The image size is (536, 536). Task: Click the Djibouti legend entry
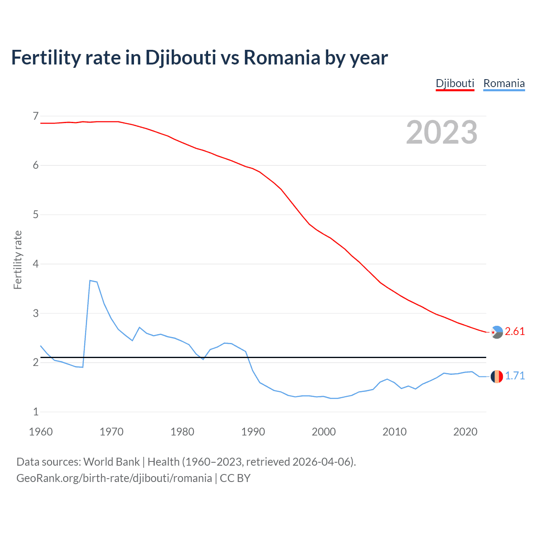click(x=455, y=83)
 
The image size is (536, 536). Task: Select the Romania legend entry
click(x=504, y=83)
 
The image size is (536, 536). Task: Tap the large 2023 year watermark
click(x=441, y=132)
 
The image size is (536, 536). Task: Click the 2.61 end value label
click(x=515, y=331)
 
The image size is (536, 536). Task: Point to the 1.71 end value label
click(x=515, y=376)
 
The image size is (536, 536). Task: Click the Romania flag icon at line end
click(x=497, y=376)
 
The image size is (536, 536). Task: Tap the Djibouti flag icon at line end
click(x=497, y=332)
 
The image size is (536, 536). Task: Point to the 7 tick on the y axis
click(x=36, y=116)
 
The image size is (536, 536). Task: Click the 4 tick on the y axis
click(x=36, y=264)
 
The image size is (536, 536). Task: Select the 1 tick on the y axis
click(x=36, y=412)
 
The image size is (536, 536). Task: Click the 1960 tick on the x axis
click(x=41, y=432)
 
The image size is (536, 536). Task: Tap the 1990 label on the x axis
click(x=253, y=432)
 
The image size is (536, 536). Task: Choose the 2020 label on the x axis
click(x=465, y=432)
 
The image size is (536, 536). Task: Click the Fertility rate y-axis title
click(x=18, y=260)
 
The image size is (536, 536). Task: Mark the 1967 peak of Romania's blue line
click(x=90, y=281)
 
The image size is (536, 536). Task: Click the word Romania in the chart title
click(x=282, y=57)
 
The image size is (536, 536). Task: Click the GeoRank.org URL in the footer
click(x=114, y=478)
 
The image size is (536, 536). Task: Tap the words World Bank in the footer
click(x=111, y=462)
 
